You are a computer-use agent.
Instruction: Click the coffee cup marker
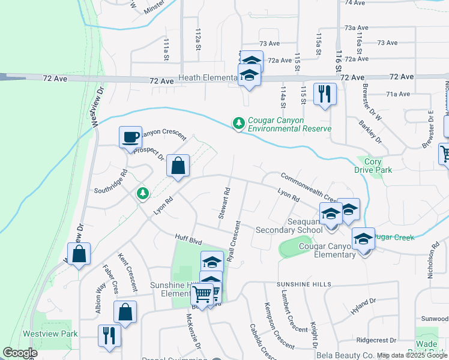[x=130, y=137]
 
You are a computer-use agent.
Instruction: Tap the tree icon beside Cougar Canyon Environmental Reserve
[x=239, y=123]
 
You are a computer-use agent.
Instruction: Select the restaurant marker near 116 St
[x=325, y=94]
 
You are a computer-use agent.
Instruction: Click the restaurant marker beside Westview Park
[x=109, y=335]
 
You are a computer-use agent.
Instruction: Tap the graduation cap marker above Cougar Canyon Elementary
[x=363, y=239]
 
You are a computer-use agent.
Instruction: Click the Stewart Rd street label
[x=224, y=204]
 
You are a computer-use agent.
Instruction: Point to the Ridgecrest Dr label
[x=377, y=340]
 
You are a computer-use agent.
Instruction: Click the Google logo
[x=20, y=353]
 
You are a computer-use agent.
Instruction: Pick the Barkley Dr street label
[x=370, y=127]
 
